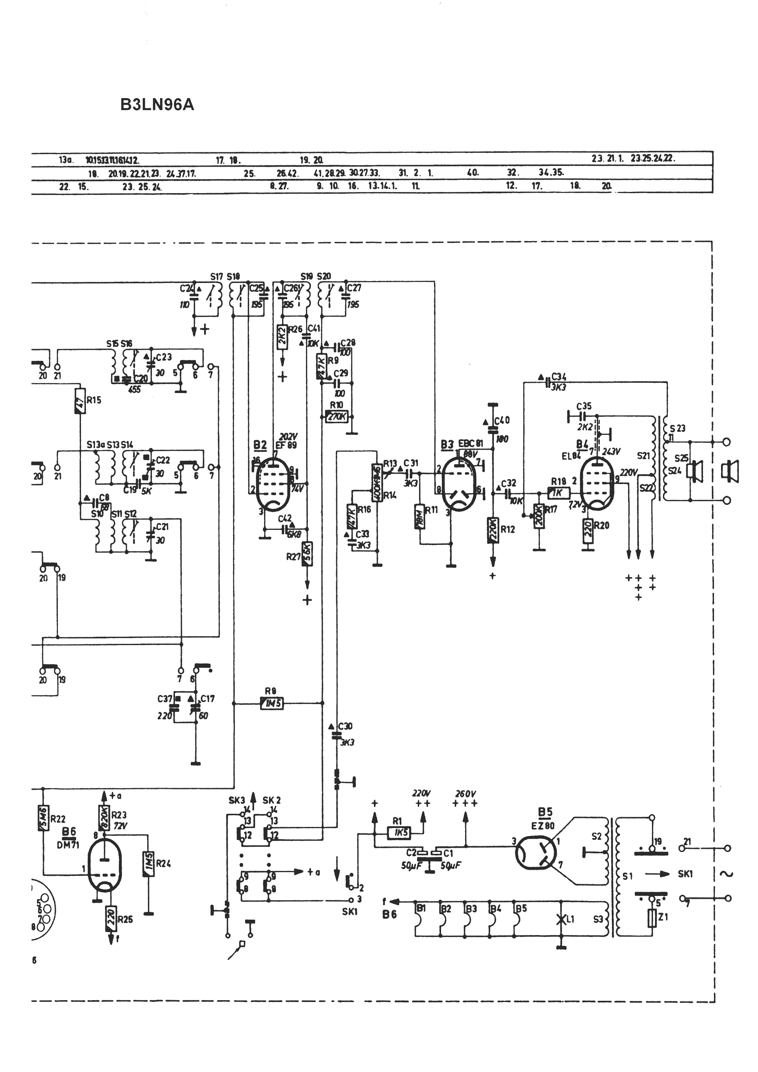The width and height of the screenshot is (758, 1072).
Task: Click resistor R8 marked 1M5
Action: click(272, 703)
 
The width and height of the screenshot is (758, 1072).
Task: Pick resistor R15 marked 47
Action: click(80, 401)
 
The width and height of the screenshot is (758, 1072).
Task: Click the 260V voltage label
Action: click(465, 794)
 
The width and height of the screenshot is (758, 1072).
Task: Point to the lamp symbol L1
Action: click(561, 919)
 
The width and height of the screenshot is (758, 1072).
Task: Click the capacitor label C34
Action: click(559, 376)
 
